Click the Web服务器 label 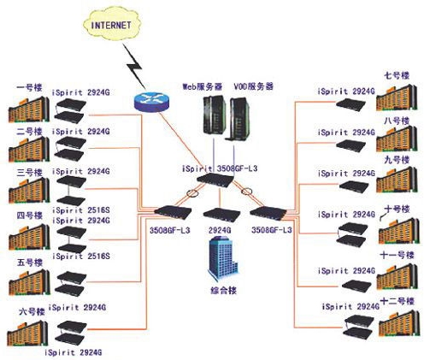click(203, 86)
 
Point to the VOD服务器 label click(254, 86)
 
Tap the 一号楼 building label click(29, 87)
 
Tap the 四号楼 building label click(29, 215)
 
